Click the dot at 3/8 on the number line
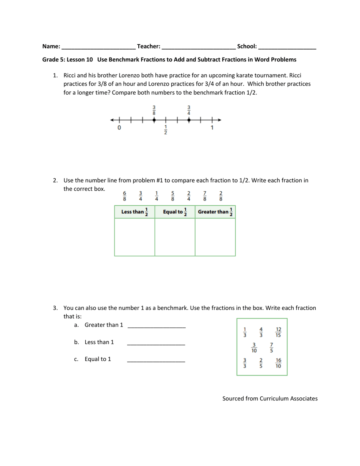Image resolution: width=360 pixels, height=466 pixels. [x=154, y=120]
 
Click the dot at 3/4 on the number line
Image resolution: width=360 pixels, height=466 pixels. [x=189, y=120]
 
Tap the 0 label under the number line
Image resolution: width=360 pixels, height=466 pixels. [x=119, y=128]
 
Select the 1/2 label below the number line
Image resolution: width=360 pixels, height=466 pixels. [x=166, y=130]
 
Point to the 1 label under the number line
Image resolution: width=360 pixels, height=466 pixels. [x=212, y=128]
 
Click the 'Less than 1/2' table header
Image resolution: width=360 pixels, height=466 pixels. [x=135, y=212]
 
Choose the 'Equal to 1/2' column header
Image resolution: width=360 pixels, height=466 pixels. [x=175, y=212]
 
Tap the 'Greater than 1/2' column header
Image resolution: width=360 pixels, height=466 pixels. [x=215, y=212]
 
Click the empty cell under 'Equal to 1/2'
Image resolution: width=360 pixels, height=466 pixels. [x=175, y=237]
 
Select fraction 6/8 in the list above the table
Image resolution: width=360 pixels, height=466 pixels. [x=124, y=196]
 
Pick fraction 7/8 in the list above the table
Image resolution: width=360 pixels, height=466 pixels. [x=205, y=196]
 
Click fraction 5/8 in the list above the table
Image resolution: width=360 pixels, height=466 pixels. [x=172, y=196]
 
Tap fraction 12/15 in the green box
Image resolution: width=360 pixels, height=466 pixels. [x=279, y=332]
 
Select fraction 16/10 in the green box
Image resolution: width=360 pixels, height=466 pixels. [x=279, y=363]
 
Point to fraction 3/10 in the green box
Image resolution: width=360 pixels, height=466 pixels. [x=254, y=348]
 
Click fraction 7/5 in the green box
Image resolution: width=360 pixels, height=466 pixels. [x=271, y=348]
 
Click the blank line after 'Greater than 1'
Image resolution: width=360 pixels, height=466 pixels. [x=157, y=326]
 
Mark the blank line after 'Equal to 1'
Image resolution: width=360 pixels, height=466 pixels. [x=156, y=361]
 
